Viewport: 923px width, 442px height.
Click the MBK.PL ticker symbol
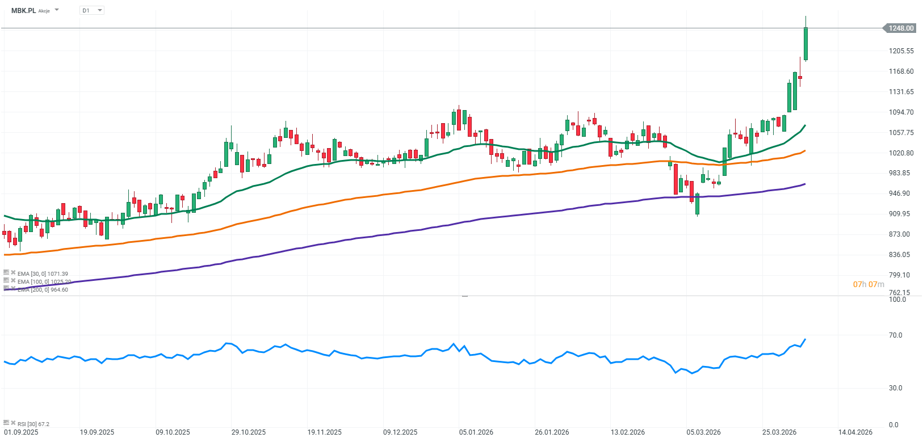point(24,10)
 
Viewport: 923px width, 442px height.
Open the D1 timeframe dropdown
point(92,10)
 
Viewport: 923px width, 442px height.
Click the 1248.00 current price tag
point(901,28)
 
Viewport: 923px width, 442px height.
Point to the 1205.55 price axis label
point(901,51)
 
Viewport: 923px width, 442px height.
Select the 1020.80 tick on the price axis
point(901,153)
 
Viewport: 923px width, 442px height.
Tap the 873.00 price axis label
point(901,234)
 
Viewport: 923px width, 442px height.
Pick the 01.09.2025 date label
point(21,432)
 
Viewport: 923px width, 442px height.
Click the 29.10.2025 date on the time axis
point(249,432)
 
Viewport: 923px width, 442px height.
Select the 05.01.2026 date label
point(476,432)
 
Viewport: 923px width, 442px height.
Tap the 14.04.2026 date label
point(855,432)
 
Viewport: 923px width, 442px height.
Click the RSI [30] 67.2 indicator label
point(33,424)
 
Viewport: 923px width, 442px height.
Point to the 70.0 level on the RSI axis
point(896,335)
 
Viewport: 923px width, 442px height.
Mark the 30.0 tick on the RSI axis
point(896,388)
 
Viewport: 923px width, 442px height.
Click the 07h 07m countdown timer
point(869,284)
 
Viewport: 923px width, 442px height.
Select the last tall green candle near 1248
point(805,44)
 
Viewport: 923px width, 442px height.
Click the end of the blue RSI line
point(805,339)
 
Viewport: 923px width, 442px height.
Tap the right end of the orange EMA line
point(805,151)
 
